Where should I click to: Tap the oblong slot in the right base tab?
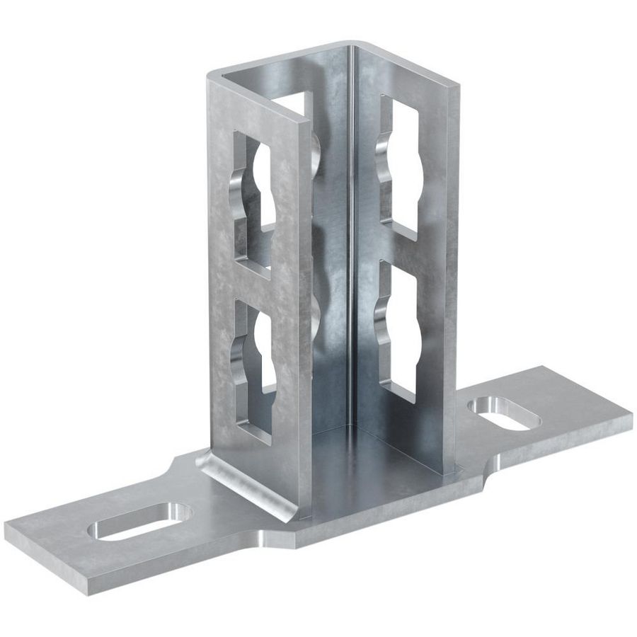point(504,413)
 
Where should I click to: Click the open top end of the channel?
point(283,78)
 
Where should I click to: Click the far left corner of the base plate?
point(8,527)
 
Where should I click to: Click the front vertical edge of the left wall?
point(304,318)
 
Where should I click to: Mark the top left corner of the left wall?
point(210,78)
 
